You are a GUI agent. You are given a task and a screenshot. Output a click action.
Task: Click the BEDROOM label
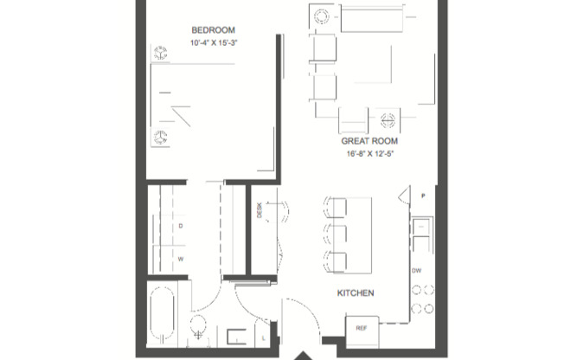pos(209,29)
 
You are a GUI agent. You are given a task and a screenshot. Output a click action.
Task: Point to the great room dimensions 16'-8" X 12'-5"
pos(368,153)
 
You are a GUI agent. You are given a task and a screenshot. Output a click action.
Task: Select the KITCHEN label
pos(356,293)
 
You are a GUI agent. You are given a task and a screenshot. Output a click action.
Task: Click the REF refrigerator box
pos(362,329)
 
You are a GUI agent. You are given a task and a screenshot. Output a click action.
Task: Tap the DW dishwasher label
pos(417,271)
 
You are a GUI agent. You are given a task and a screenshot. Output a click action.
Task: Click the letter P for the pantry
pos(423,196)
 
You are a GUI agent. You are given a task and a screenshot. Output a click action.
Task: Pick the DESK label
pos(259,210)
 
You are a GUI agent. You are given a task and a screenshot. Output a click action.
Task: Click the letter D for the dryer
pos(181,226)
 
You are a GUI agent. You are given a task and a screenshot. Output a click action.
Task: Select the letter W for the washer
pos(181,257)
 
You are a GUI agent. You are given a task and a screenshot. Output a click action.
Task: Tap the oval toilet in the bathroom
pos(198,328)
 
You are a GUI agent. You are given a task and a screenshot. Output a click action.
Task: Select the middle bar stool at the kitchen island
pos(336,234)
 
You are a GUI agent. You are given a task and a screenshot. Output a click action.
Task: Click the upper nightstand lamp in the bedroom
pos(160,54)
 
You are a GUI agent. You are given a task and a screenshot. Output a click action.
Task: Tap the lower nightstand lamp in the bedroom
pos(160,137)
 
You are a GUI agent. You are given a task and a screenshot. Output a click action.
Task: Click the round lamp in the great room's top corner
pos(322,17)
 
